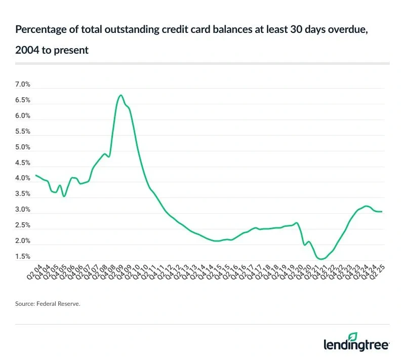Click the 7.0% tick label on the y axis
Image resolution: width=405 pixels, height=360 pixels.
pyautogui.click(x=23, y=85)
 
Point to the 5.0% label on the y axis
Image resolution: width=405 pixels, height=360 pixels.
pyautogui.click(x=23, y=147)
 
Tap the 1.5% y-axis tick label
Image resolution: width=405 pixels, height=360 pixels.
pyautogui.click(x=23, y=257)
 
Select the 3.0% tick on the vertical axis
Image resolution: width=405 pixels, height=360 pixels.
pyautogui.click(x=23, y=210)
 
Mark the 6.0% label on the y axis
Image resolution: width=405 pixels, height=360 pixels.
pyautogui.click(x=23, y=116)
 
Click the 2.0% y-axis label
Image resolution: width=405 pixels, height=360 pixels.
pyautogui.click(x=23, y=241)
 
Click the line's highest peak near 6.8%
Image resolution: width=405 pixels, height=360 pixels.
pyautogui.click(x=120, y=95)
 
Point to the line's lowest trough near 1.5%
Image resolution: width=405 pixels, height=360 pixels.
pyautogui.click(x=321, y=259)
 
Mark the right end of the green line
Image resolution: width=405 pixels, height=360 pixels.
pyautogui.click(x=382, y=212)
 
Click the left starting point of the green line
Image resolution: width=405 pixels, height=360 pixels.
pyautogui.click(x=35, y=175)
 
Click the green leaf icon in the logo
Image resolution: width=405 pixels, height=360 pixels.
pyautogui.click(x=353, y=336)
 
